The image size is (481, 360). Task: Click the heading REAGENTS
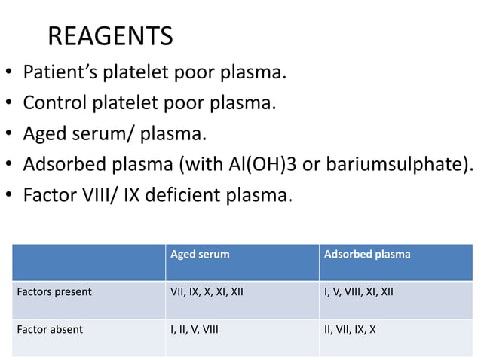(x=110, y=36)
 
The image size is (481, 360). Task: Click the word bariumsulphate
(x=397, y=164)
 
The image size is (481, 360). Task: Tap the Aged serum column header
(x=200, y=255)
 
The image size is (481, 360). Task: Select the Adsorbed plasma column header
(x=367, y=255)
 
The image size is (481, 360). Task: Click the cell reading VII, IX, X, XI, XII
(x=207, y=292)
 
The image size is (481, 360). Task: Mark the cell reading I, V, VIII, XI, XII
(x=358, y=292)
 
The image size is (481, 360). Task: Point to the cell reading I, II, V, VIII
(x=195, y=329)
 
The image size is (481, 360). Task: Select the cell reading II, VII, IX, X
(x=350, y=329)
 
